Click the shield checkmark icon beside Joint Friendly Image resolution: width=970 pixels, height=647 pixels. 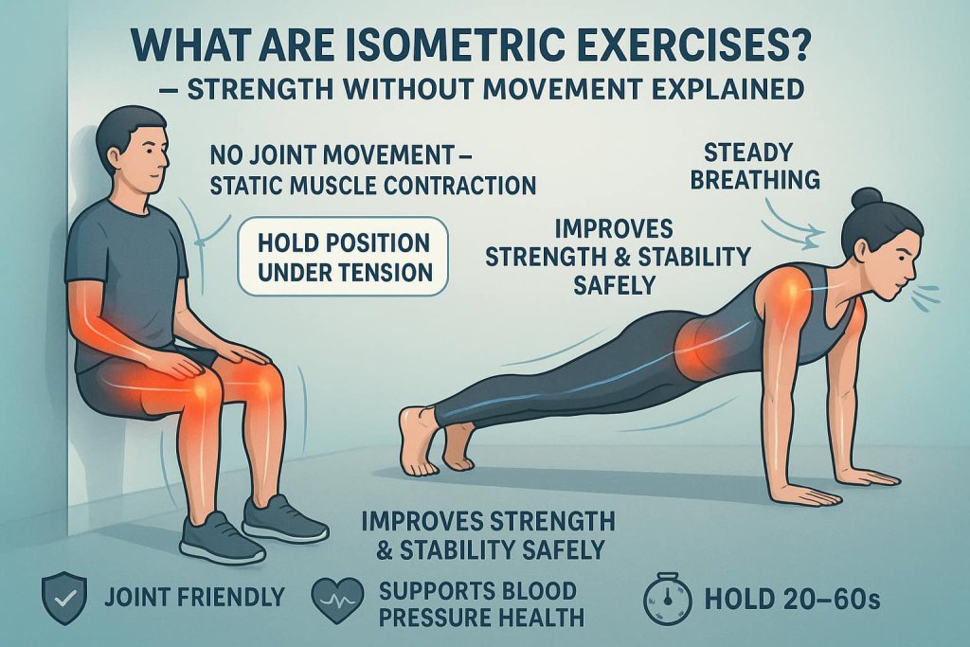coord(60,597)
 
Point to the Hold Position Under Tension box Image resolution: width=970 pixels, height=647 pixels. coord(344,256)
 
